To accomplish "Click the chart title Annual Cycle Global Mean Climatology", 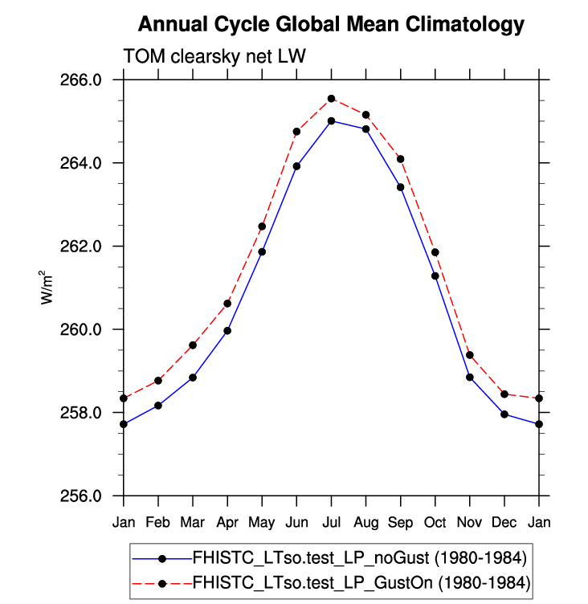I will point(330,25).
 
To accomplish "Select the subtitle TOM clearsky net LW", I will point(214,56).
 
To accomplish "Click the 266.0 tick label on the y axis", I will point(84,80).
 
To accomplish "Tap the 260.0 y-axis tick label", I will point(84,330).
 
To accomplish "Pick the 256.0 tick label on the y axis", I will point(84,496).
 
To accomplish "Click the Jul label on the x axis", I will point(331,523).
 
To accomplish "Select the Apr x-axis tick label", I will point(227,523).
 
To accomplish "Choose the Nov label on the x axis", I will point(470,523).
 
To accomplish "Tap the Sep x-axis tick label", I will point(400,523).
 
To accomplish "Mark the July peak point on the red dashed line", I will point(331,99).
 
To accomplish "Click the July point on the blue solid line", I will point(331,121).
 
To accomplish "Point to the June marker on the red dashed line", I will point(296,131).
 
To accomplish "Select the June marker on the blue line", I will point(296,166).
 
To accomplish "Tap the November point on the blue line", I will point(470,377).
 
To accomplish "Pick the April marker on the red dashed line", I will point(227,304).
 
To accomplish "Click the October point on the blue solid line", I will point(435,276).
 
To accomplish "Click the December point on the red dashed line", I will point(504,394).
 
